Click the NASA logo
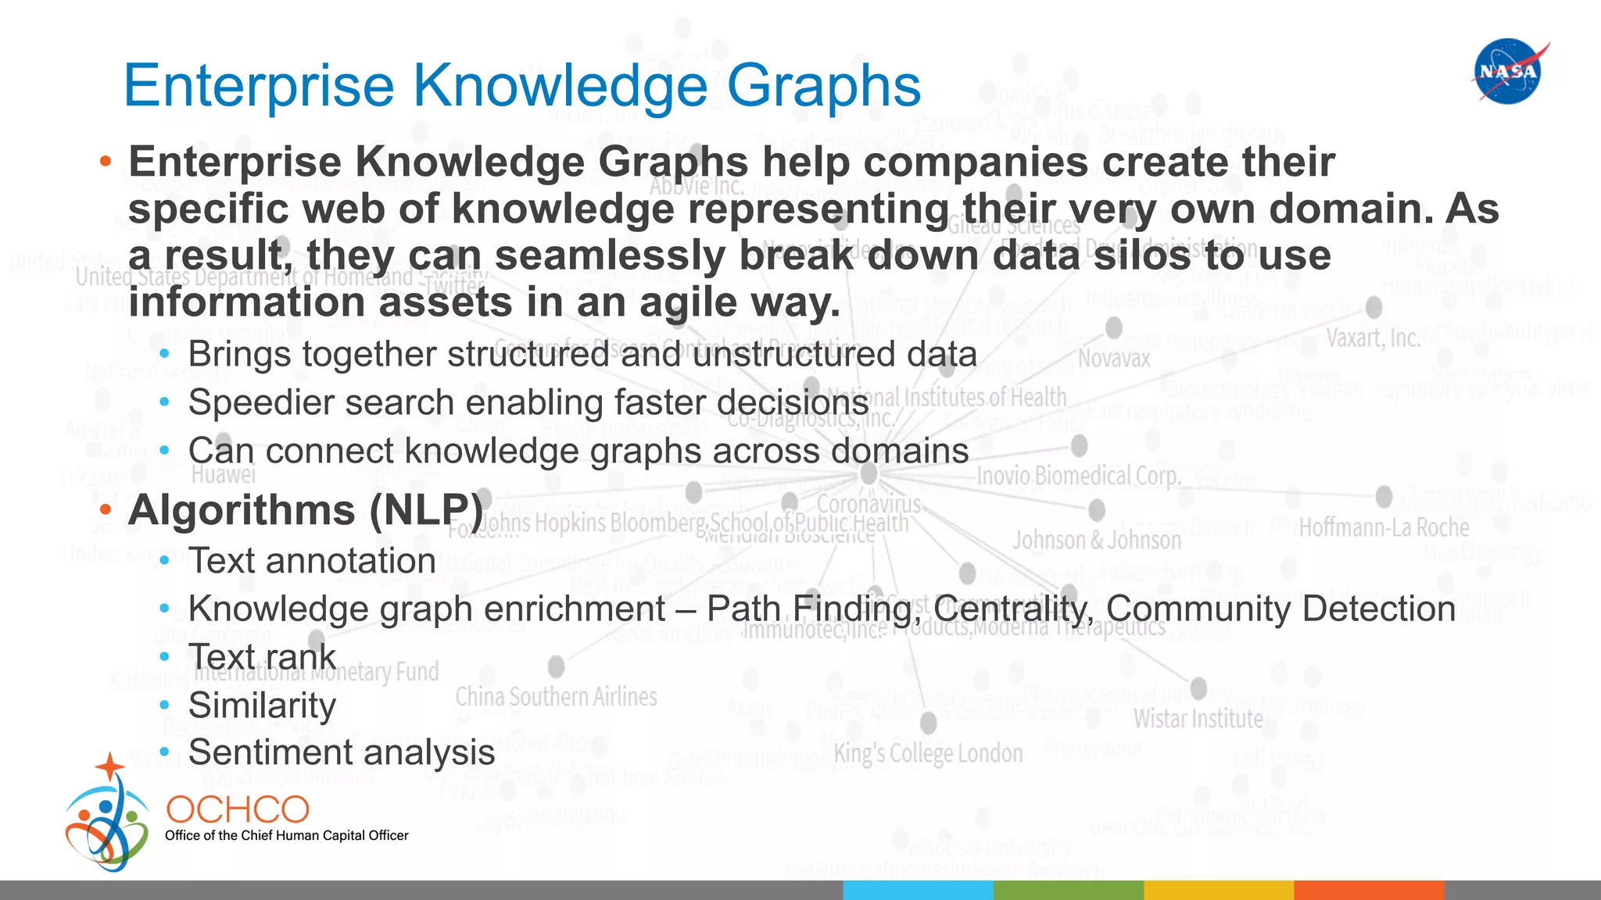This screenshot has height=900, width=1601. pos(1508,72)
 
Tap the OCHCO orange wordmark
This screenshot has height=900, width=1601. pos(238,810)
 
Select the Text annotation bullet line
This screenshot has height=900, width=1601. pos(312,561)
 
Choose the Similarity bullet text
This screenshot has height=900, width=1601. pos(262,705)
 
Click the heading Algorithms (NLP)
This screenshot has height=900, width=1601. pos(306,510)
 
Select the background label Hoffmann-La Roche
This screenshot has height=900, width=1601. pos(1384,528)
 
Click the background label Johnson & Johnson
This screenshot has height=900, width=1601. pos(1097,541)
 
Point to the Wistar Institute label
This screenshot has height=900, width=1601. pos(1198,719)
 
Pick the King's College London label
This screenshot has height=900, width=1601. pos(928,754)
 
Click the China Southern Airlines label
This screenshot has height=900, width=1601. pos(556,697)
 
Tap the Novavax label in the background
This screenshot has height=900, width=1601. pos(1114,359)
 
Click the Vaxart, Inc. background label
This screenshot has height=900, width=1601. pos(1373,339)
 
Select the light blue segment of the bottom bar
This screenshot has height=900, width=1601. pos(918,891)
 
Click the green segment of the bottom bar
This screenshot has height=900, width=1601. pos(1068,891)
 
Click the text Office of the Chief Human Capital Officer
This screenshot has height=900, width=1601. pos(286,836)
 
